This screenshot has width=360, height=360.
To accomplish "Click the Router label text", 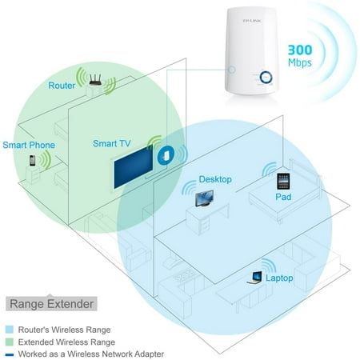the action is [x=62, y=86].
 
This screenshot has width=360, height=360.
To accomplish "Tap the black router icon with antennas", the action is [x=95, y=80].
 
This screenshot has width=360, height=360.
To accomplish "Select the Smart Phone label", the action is [x=29, y=145].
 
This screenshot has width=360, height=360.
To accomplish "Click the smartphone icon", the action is [x=32, y=161].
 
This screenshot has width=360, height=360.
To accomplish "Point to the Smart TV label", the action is [x=112, y=143].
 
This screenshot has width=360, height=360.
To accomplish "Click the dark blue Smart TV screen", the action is [x=133, y=167].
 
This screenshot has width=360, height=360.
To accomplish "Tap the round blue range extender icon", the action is [x=166, y=155].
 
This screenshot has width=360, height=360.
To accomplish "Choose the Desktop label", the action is [x=215, y=179].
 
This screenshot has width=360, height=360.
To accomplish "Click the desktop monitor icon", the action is [x=204, y=198].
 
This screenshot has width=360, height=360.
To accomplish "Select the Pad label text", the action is [x=283, y=197].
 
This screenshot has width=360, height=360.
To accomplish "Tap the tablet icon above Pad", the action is [x=283, y=182].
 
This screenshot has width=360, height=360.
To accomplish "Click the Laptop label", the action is [x=279, y=278].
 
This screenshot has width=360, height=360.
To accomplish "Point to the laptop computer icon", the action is [x=255, y=278].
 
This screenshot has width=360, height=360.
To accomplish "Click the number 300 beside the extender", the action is [x=300, y=50].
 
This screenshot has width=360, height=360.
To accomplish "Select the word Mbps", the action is [x=300, y=63].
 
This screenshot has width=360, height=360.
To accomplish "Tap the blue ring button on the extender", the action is [x=266, y=78].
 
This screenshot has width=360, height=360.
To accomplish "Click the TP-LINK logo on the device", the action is [x=252, y=21].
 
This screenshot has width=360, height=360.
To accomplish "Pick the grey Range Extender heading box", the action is [x=51, y=303].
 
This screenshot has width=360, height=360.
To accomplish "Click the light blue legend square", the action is [x=10, y=330].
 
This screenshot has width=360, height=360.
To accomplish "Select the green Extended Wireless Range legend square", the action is [x=10, y=342].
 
